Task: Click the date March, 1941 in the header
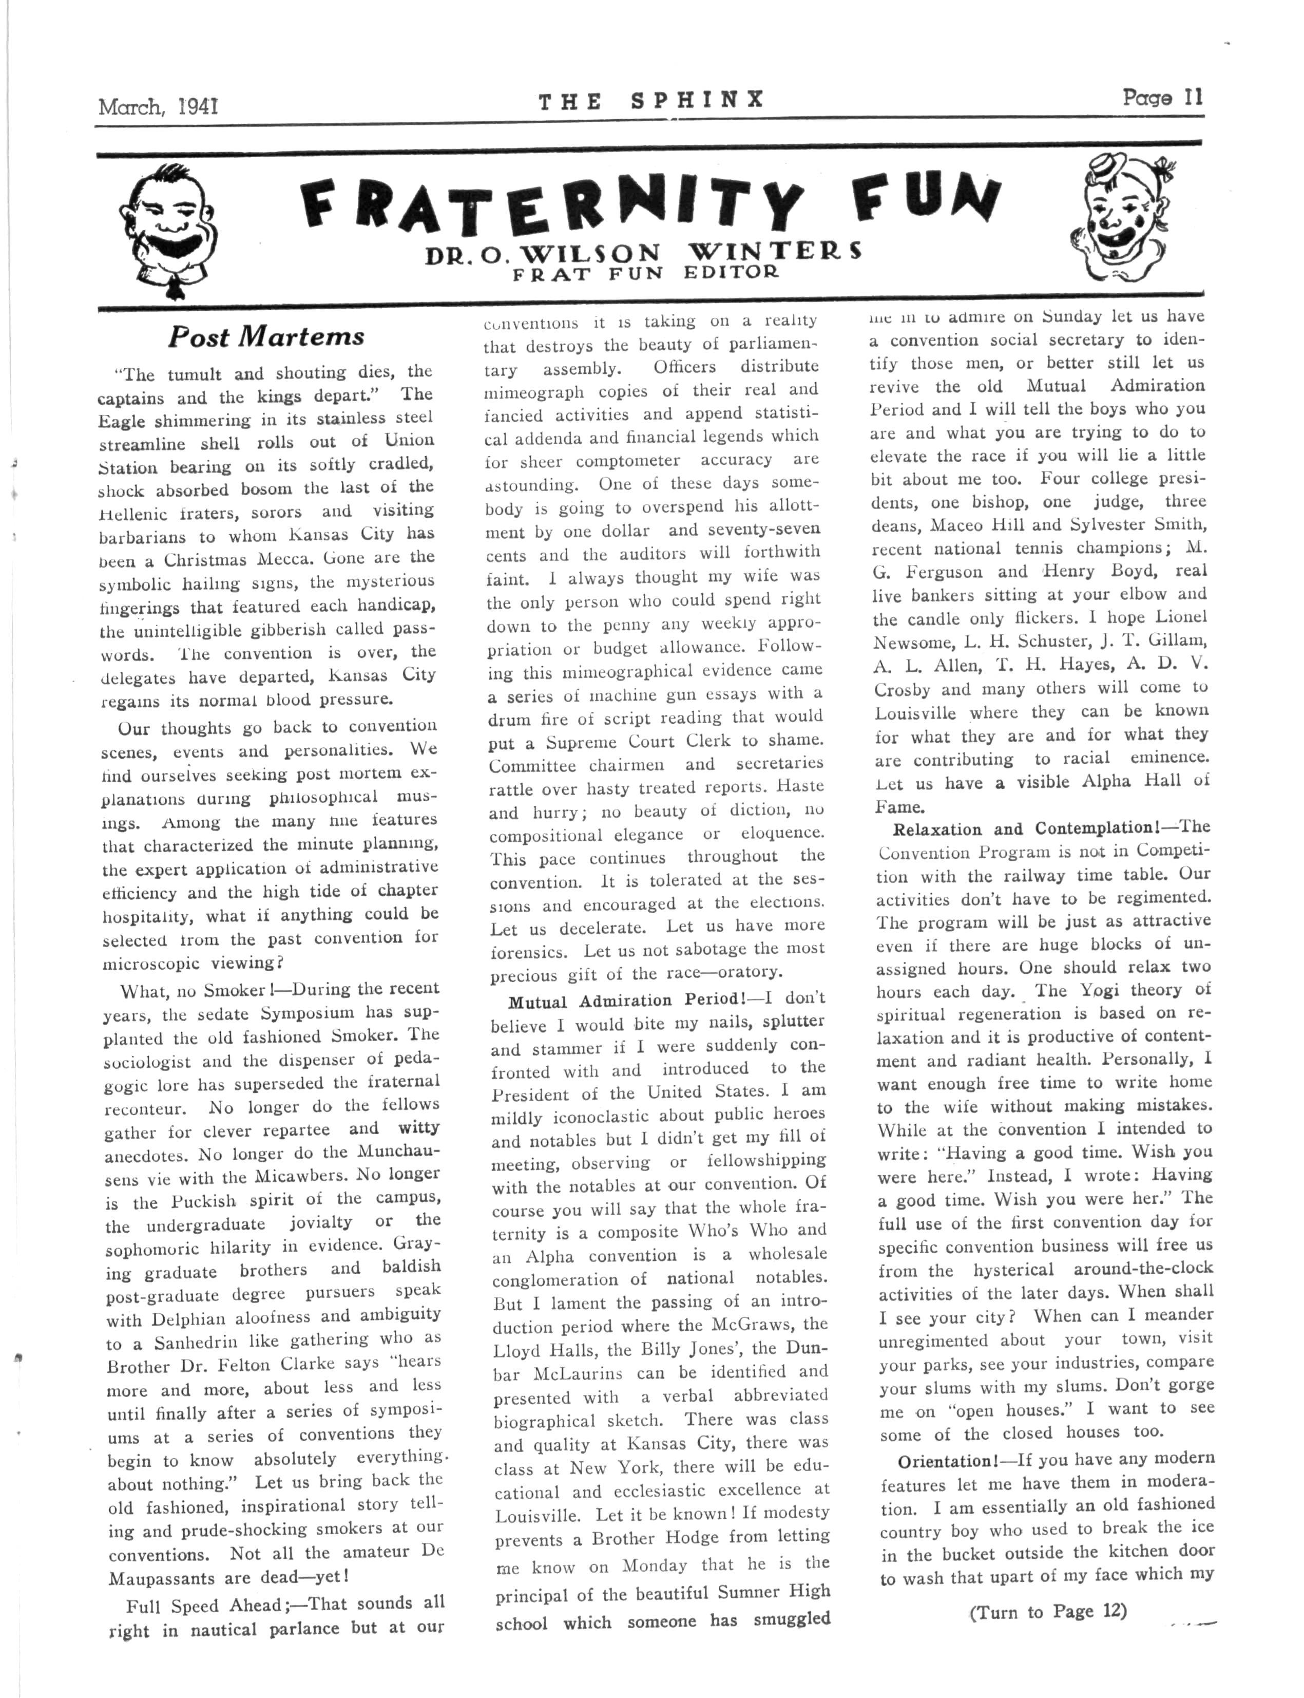[158, 105]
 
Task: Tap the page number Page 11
[1162, 98]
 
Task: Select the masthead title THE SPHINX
[651, 100]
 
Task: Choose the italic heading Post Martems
[266, 337]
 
